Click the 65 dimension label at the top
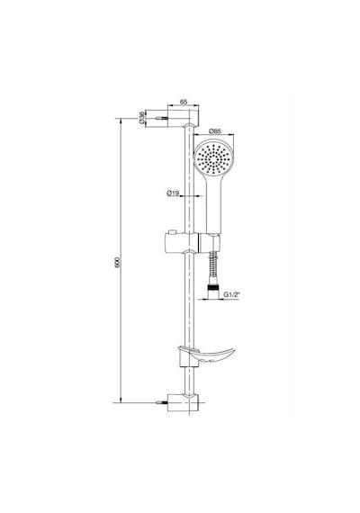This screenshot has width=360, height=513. (x=184, y=102)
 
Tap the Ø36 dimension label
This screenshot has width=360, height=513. (x=141, y=118)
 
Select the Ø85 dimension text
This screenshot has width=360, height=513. (x=215, y=130)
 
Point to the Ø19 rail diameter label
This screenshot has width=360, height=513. (x=173, y=193)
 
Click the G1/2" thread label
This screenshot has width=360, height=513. (x=231, y=294)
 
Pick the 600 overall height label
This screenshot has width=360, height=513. (x=118, y=263)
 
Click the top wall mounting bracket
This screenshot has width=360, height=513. (x=183, y=119)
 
